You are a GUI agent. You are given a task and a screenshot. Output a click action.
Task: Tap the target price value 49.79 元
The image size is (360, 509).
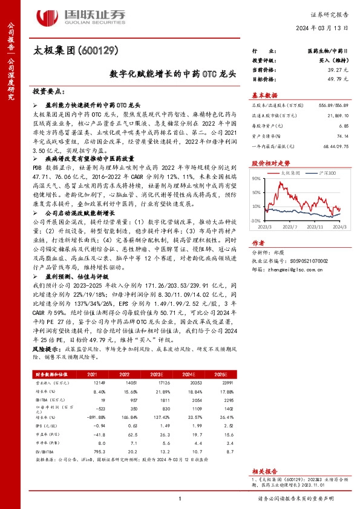click(x=328, y=79)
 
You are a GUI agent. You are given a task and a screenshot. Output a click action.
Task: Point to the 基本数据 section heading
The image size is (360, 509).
click(x=265, y=95)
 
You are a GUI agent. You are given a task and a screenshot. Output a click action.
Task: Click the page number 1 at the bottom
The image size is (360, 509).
click(x=180, y=498)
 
